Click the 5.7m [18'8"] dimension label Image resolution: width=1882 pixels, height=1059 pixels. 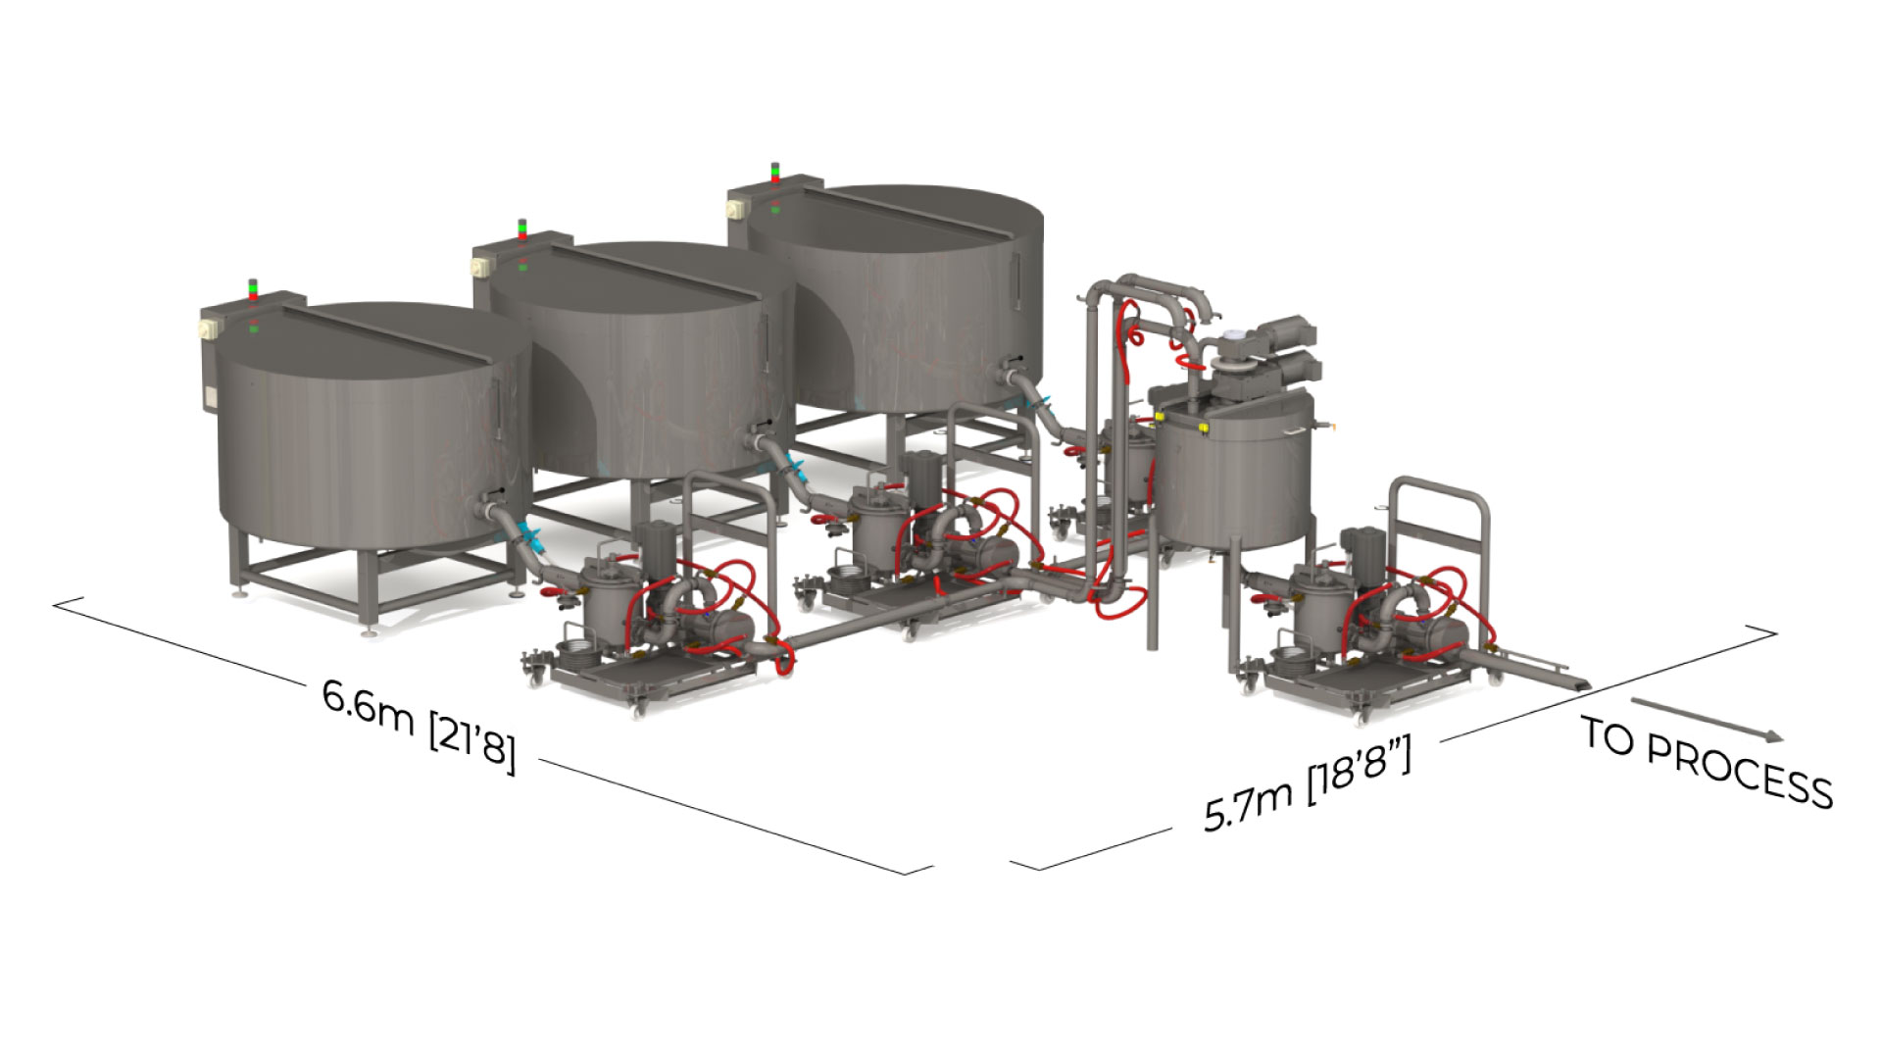[x=1308, y=785]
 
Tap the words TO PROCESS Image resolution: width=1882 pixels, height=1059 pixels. [x=1707, y=762]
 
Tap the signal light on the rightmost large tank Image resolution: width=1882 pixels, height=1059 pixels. [x=775, y=173]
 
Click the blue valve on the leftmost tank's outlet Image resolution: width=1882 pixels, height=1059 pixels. [x=533, y=536]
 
